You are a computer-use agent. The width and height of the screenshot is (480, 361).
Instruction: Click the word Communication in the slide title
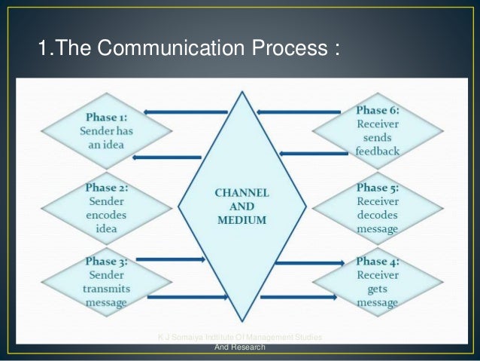[x=163, y=50]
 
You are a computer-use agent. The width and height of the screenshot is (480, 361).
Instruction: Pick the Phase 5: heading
[x=378, y=188]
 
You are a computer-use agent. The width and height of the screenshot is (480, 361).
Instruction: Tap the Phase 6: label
[x=378, y=109]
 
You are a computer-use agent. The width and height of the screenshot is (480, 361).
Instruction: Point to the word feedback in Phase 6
[x=378, y=151]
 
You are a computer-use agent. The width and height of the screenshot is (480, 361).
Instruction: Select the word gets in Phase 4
[x=378, y=289]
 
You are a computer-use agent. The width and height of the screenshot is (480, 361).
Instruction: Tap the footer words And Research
[x=240, y=347]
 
